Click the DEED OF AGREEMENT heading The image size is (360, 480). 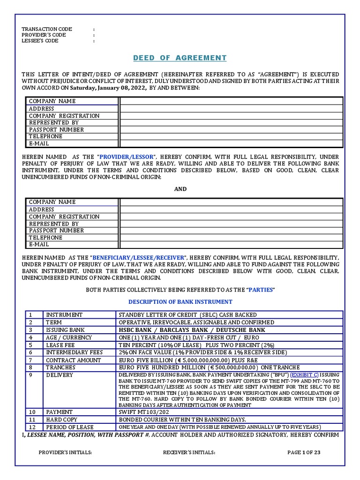pos(180,58)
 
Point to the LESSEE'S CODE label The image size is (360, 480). pos(40,41)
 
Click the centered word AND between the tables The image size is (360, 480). pos(180,189)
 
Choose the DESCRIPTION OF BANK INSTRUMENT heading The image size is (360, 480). pos(180,301)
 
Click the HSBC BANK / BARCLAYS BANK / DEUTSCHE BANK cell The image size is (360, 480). pos(192,330)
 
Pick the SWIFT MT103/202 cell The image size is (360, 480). pos(142,412)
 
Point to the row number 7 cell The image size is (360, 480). pos(31,360)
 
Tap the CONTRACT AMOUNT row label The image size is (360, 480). pos(73,360)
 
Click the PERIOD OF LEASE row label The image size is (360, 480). pos(69,427)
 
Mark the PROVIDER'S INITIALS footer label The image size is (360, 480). pos(65,452)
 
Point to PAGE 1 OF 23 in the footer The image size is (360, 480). pos(304,452)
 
